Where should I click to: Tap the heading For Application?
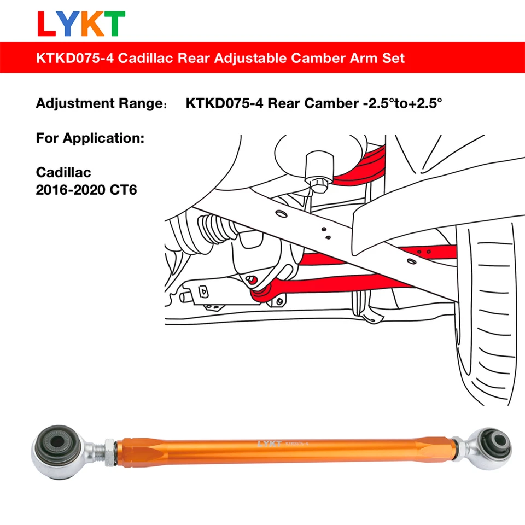click(90, 138)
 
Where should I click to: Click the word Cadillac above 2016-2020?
click(63, 172)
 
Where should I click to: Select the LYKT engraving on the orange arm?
click(269, 444)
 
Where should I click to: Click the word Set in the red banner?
click(394, 57)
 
